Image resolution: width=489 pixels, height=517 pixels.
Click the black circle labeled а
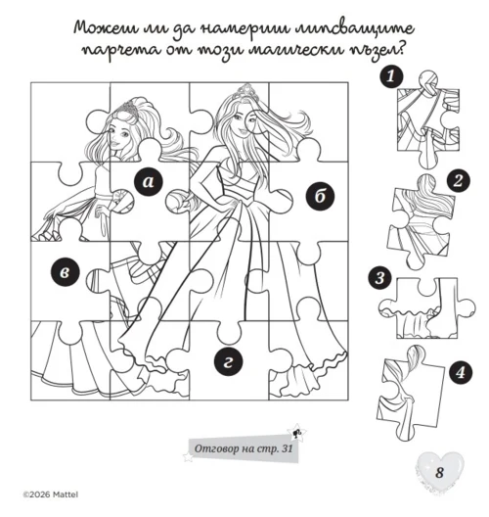click(149, 182)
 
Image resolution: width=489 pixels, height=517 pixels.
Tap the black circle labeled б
click(320, 197)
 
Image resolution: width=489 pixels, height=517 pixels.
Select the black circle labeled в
click(66, 272)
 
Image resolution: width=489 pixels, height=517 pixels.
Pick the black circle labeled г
click(228, 362)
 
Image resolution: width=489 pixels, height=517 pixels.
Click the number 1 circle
click(391, 76)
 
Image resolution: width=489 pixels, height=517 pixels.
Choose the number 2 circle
click(458, 181)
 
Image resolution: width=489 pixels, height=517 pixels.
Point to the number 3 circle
click(380, 278)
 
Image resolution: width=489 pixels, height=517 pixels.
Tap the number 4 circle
click(460, 373)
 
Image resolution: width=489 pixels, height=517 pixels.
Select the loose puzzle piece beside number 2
click(420, 221)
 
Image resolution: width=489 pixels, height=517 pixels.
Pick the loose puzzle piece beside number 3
click(426, 308)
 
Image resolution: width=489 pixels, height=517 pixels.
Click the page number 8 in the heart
click(439, 473)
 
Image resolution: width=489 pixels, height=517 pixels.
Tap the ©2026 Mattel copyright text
click(51, 494)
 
